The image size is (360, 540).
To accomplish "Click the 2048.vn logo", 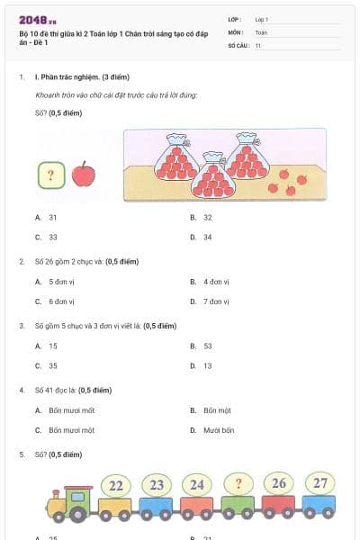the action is (x=38, y=20).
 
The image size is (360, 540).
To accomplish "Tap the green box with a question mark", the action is (x=49, y=175).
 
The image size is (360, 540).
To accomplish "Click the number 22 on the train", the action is (x=116, y=486).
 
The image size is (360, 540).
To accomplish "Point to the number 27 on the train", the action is (x=320, y=483).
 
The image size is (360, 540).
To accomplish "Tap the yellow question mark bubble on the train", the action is (x=238, y=484).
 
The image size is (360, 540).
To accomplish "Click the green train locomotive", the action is (x=70, y=505).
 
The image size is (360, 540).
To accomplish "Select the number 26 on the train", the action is (x=279, y=484).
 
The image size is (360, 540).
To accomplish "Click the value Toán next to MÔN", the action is (x=261, y=31).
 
